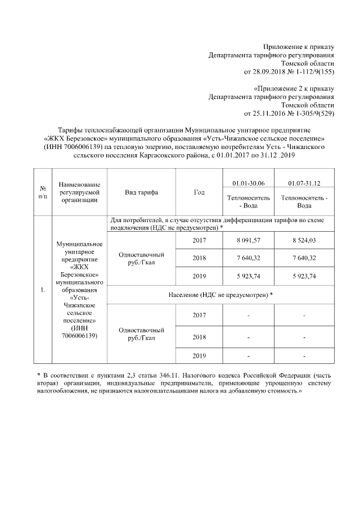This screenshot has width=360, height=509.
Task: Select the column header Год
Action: click(x=199, y=192)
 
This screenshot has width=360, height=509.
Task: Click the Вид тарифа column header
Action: click(x=141, y=192)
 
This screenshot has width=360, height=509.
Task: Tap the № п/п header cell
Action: click(x=42, y=192)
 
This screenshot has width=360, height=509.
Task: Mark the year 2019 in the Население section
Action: click(x=199, y=355)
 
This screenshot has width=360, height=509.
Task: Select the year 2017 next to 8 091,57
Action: click(x=199, y=240)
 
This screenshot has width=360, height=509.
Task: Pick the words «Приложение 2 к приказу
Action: click(x=294, y=88)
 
